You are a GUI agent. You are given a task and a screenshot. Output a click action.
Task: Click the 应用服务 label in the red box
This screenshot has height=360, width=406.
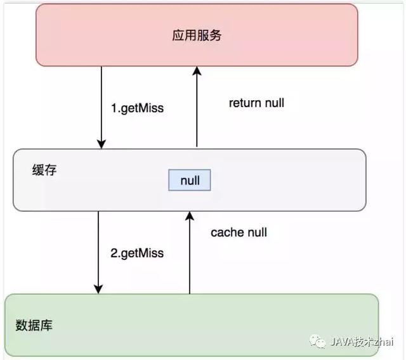click(x=197, y=35)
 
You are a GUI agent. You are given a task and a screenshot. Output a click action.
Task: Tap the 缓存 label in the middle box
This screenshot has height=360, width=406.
click(x=42, y=170)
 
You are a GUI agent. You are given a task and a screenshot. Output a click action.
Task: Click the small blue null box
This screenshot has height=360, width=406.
click(x=189, y=181)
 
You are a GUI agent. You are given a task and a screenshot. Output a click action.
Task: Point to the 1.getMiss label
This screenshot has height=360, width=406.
click(x=137, y=108)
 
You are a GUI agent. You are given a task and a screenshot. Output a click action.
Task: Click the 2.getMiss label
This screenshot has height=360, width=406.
click(x=137, y=253)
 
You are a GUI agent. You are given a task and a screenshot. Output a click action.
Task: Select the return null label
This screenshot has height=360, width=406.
click(x=256, y=103)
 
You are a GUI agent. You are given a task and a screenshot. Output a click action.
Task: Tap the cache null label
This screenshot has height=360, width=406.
click(x=239, y=233)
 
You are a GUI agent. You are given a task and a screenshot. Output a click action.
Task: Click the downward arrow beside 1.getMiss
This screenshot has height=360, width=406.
click(x=100, y=108)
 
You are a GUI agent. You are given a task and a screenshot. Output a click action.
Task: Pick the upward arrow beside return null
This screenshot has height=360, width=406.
click(x=196, y=108)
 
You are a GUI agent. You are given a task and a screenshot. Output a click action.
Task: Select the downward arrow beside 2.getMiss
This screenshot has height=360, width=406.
click(x=98, y=253)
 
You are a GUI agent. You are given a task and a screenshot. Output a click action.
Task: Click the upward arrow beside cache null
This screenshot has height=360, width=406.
click(x=188, y=253)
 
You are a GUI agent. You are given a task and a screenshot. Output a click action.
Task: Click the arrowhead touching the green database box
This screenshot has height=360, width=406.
click(x=98, y=289)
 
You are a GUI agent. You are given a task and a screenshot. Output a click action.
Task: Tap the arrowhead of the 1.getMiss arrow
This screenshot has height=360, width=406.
click(x=100, y=144)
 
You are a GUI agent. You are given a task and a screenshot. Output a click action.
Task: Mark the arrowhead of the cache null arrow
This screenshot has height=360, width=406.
click(x=188, y=217)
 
